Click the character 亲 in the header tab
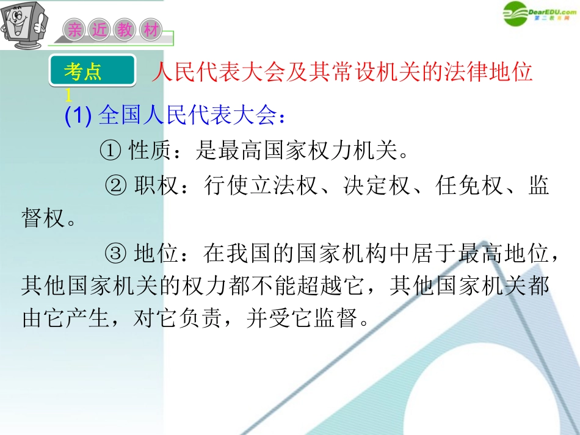point(74,31)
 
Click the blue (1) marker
point(78,115)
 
